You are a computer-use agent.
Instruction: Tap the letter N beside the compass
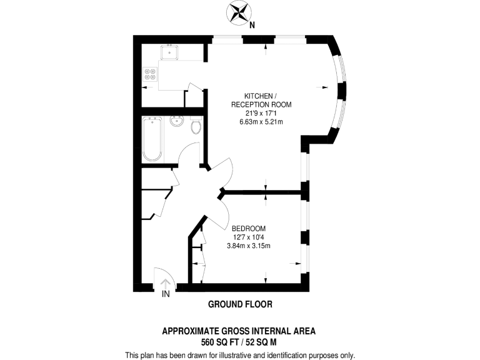tap(252, 26)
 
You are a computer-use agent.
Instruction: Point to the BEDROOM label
tap(249, 228)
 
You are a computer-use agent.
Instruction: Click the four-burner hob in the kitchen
tap(150, 74)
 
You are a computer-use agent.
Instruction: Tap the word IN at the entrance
tap(166, 294)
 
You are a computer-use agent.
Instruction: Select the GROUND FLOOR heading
tap(240, 304)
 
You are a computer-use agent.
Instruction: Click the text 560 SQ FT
tap(220, 342)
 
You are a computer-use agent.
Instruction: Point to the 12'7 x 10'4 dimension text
tap(249, 237)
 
